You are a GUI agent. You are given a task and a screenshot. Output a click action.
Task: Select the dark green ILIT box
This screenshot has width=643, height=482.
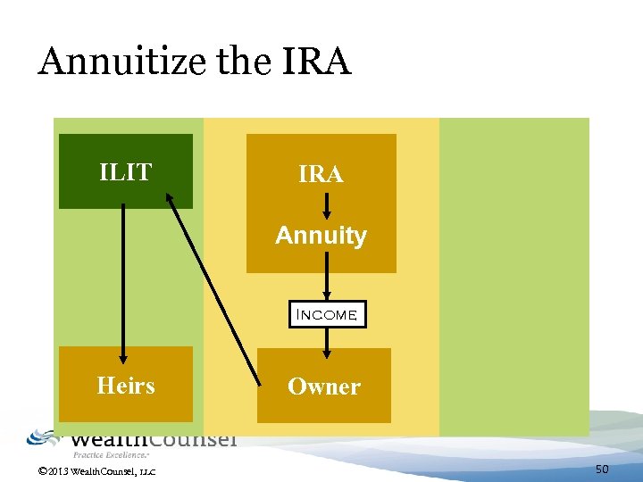pos(125,171)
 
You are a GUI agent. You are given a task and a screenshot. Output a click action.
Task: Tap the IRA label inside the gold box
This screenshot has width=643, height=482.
pos(321,175)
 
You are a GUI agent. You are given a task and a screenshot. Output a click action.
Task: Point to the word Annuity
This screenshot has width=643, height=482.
pos(321,236)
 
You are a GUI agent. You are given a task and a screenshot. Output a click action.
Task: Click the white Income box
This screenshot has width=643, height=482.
pos(328,314)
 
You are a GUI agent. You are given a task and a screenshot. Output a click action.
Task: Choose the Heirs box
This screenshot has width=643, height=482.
pos(126,386)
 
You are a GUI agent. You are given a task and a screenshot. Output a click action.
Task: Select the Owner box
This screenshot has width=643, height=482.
pos(323,386)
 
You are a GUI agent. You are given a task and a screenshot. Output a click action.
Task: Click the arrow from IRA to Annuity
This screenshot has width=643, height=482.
pos(327,204)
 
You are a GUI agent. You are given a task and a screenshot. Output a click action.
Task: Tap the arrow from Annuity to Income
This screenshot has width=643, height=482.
pos(327,277)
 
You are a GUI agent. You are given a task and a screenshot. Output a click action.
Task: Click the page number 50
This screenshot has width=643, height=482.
pos(602,469)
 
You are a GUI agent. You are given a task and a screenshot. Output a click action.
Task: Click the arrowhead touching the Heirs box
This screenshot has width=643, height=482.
pos(123,353)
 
